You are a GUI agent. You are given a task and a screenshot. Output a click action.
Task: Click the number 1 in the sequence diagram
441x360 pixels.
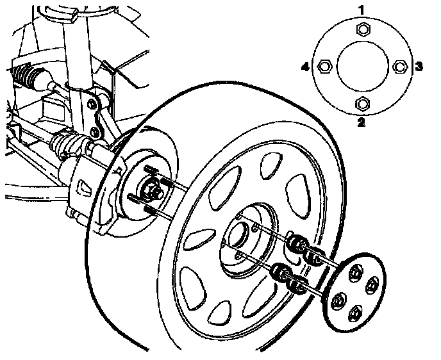pyautogui.click(x=362, y=10)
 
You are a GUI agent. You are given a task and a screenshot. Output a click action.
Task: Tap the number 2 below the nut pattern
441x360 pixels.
pyautogui.click(x=362, y=122)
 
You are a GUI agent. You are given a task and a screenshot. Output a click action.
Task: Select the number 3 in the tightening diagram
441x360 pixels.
pyautogui.click(x=418, y=66)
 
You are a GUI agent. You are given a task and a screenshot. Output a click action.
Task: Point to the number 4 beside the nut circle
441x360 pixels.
pyautogui.click(x=306, y=66)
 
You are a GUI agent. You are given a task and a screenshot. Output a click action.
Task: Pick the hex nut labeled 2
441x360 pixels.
pyautogui.click(x=362, y=104)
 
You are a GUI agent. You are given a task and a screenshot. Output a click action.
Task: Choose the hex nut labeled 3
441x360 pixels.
pyautogui.click(x=399, y=66)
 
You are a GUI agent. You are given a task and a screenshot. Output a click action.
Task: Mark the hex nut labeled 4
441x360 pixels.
pyautogui.click(x=324, y=66)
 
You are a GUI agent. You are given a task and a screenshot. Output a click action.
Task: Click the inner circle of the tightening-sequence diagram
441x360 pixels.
pyautogui.click(x=362, y=66)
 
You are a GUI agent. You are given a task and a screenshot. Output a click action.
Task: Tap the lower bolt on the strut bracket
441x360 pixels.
pyautogui.click(x=95, y=132)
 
